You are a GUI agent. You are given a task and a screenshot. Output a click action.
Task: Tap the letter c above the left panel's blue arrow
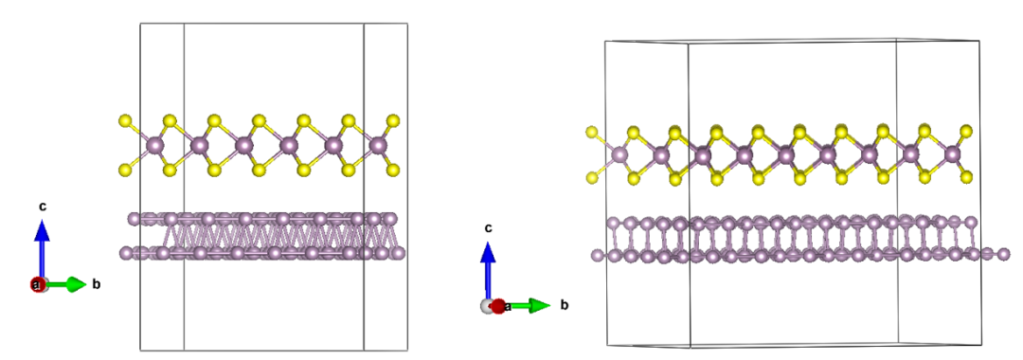[x=43, y=206]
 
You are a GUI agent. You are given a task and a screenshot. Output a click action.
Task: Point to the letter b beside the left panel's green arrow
[x=96, y=284]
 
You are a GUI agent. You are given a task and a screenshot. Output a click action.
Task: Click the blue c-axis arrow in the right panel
[x=488, y=269]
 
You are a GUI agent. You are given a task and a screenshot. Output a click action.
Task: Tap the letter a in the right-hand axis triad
[x=508, y=306]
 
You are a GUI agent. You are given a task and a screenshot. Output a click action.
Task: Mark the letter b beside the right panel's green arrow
[x=564, y=305]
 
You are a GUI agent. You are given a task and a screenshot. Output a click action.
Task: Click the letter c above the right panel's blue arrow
[x=488, y=227]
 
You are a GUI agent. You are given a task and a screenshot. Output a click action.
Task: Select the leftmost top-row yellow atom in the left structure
[x=125, y=120]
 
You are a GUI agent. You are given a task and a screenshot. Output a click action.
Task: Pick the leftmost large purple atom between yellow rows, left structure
[x=155, y=146]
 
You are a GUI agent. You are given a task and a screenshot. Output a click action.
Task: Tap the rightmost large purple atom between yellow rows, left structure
[x=379, y=145]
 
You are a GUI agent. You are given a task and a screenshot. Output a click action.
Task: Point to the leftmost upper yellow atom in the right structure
[x=593, y=132]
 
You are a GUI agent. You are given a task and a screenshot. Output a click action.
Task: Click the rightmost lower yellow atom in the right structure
[x=966, y=177]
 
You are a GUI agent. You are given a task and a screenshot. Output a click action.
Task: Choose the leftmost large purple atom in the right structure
[x=619, y=154]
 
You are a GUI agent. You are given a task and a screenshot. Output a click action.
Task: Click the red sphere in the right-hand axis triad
[x=497, y=306]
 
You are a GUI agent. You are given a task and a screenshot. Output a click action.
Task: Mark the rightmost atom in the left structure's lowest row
[x=399, y=253]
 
